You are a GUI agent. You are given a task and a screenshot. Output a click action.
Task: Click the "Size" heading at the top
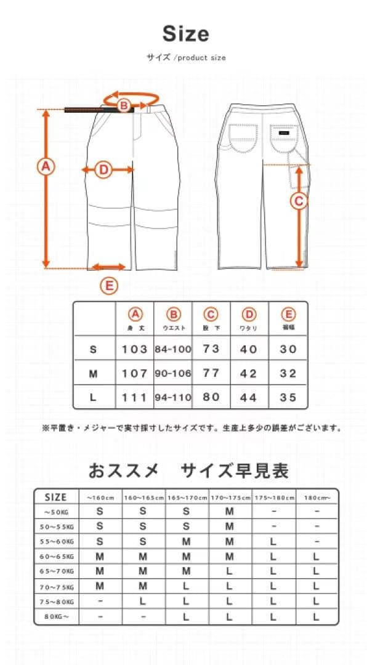(185, 34)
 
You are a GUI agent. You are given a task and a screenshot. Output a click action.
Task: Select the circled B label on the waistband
(124, 106)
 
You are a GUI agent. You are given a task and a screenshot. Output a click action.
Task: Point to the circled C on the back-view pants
(299, 201)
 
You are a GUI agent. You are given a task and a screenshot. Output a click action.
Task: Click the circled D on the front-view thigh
(103, 169)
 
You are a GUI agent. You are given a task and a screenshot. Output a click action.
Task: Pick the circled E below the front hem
(108, 286)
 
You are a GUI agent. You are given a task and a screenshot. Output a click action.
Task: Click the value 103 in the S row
(134, 349)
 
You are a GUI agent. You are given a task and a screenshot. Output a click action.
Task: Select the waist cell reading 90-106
(173, 374)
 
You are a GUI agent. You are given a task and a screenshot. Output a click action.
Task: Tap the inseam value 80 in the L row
(211, 397)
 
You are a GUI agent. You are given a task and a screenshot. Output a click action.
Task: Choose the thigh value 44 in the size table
(249, 398)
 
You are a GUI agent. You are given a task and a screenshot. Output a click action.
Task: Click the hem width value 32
(288, 374)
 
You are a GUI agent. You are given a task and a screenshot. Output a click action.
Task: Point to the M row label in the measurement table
(94, 374)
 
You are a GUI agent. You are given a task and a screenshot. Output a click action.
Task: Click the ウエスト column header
(174, 328)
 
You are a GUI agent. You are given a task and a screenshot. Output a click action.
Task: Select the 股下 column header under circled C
(211, 328)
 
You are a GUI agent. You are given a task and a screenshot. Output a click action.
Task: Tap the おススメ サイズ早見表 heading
(188, 472)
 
